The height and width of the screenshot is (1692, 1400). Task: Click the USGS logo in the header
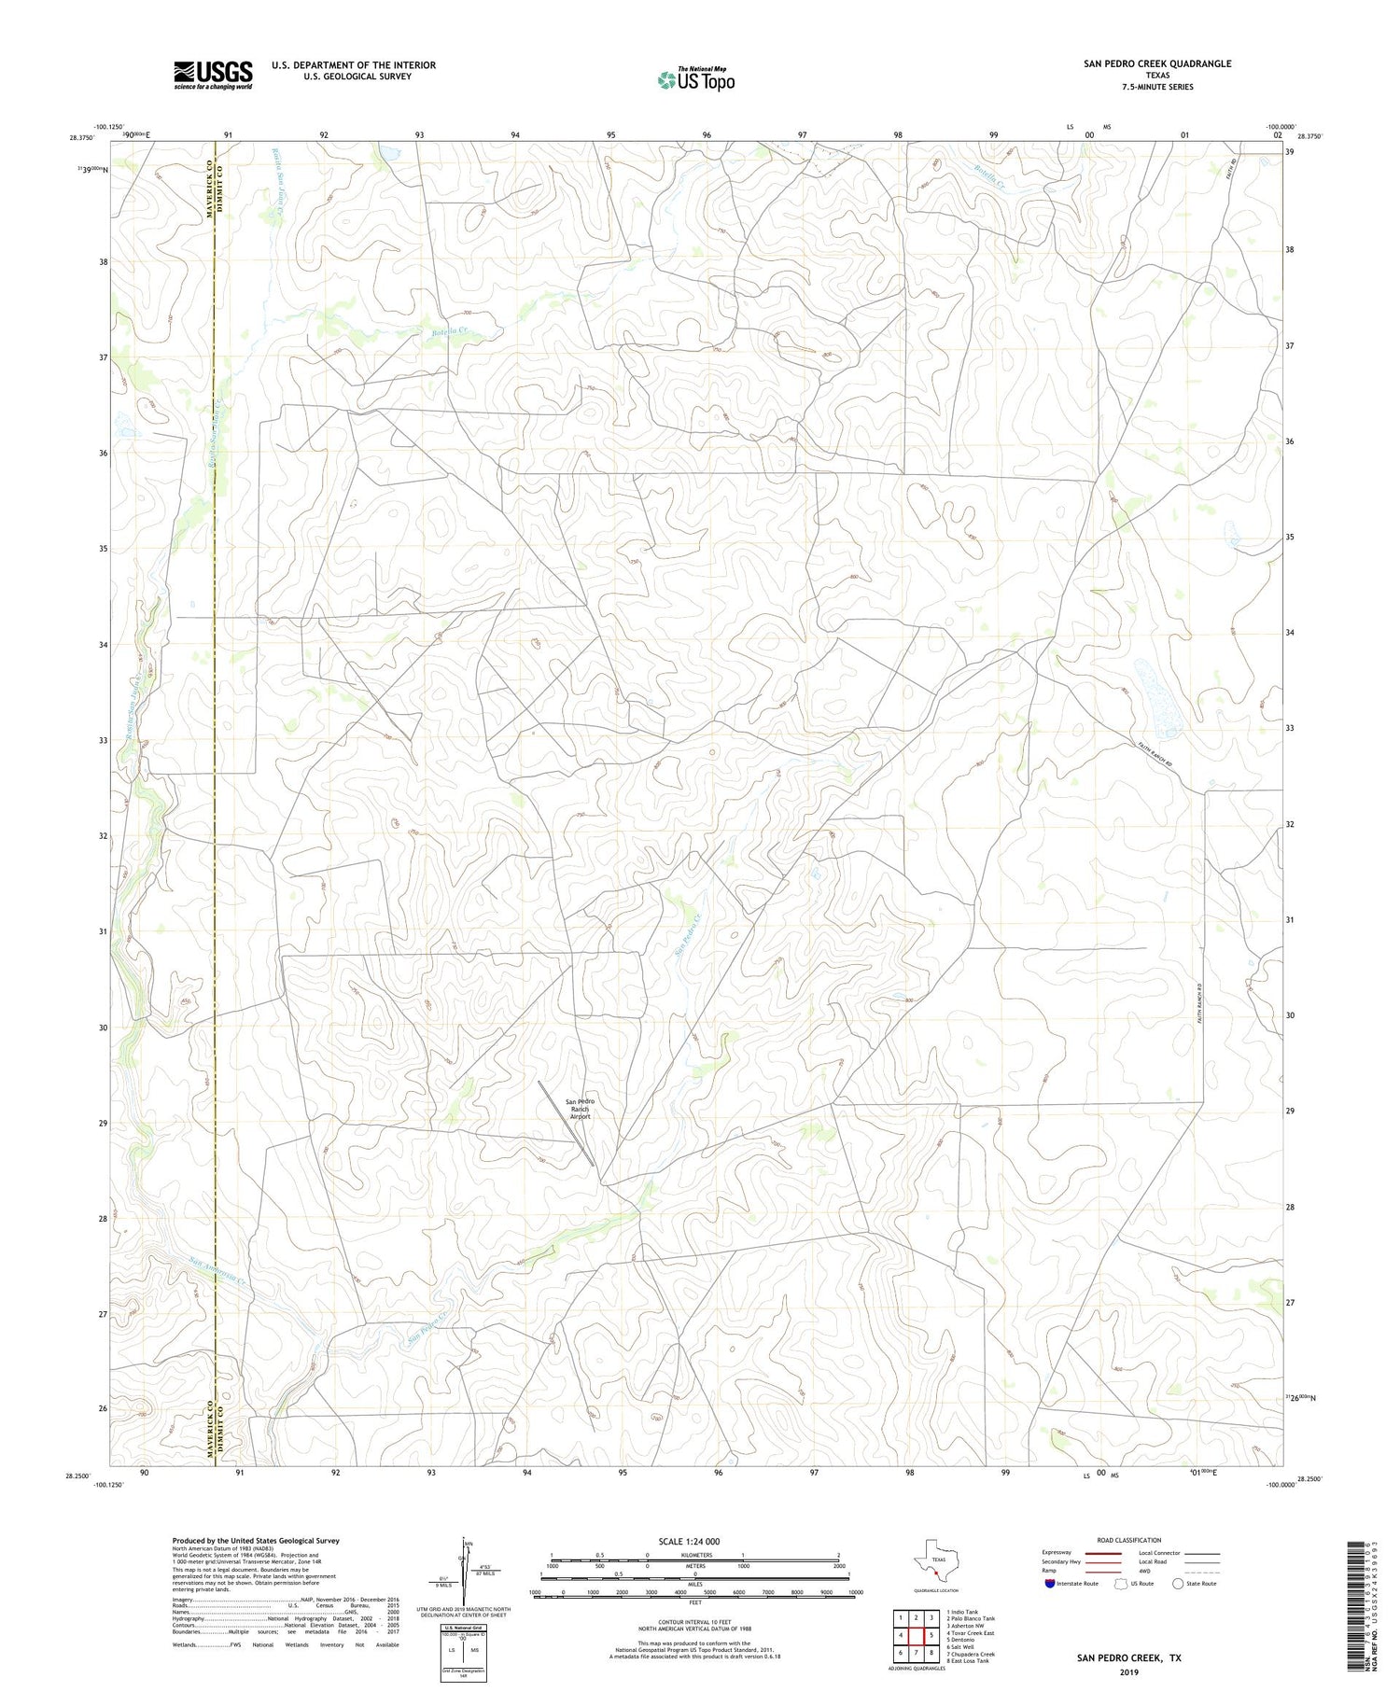[x=213, y=75]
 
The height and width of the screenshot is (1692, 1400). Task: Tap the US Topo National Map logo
[x=696, y=80]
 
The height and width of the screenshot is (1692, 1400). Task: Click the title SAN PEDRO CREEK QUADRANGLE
[x=1157, y=63]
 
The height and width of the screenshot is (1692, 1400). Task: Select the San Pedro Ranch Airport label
[x=580, y=1109]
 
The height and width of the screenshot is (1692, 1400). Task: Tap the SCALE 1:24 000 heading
[x=689, y=1542]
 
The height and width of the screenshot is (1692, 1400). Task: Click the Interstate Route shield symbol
[x=1050, y=1584]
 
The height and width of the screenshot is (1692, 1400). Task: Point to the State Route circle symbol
[x=1178, y=1584]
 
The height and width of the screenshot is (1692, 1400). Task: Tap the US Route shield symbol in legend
[x=1121, y=1584]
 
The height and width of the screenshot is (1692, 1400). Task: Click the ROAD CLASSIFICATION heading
[x=1129, y=1540]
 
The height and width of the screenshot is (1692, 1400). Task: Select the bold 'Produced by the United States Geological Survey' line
[x=255, y=1541]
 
